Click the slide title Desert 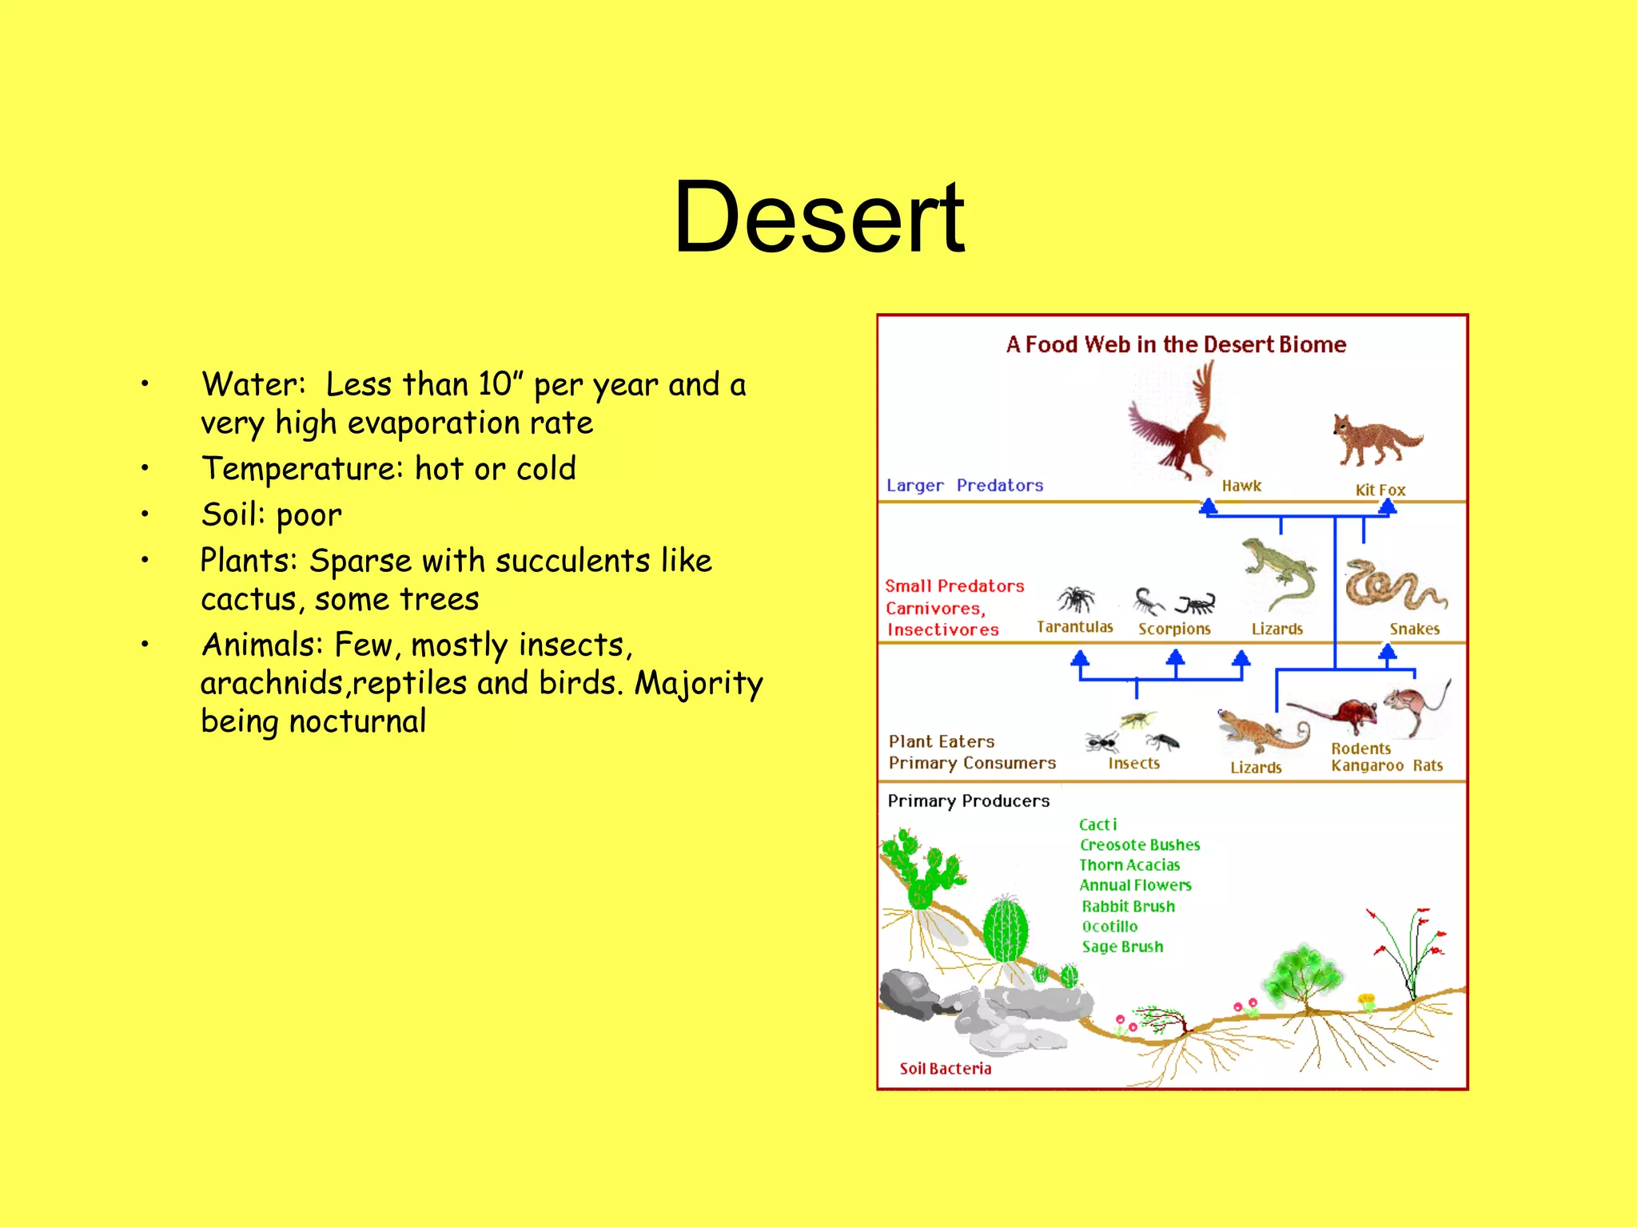coord(818,217)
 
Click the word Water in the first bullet coord(249,385)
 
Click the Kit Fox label coord(1380,490)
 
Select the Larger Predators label coord(965,486)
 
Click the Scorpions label coord(1174,629)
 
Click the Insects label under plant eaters coord(1133,764)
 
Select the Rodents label coord(1360,749)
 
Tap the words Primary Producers coord(968,801)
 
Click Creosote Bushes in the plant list coord(1139,845)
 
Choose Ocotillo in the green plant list coord(1109,927)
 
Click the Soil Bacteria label coord(945,1069)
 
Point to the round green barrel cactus coord(1005,930)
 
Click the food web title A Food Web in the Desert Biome coord(1176,344)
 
